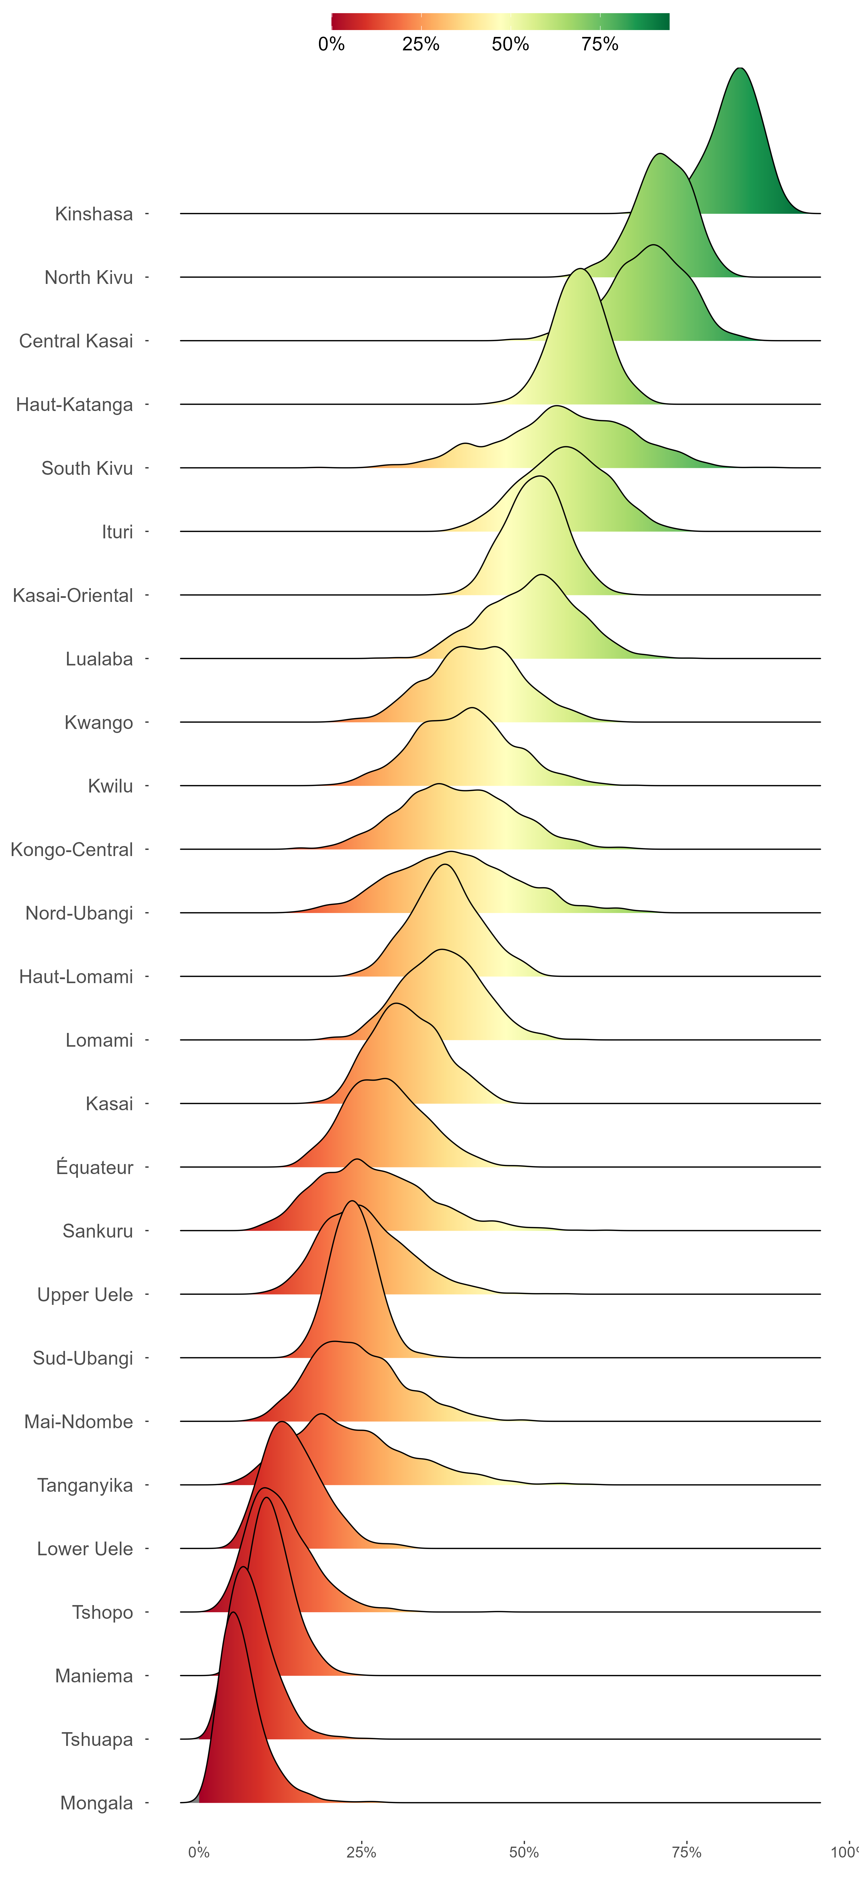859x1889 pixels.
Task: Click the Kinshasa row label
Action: click(x=94, y=214)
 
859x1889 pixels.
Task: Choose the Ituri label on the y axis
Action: click(x=117, y=532)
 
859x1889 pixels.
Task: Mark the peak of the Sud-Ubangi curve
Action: click(x=352, y=1201)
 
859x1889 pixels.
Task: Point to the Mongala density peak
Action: click(x=233, y=1613)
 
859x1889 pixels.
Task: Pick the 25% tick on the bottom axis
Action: click(x=361, y=1852)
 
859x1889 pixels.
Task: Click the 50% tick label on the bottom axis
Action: click(x=524, y=1852)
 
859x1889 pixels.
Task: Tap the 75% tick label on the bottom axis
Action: click(x=687, y=1852)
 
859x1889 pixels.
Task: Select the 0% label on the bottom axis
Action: click(x=199, y=1852)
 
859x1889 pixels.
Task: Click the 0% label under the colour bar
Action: click(x=332, y=44)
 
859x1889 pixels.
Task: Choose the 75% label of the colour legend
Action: click(x=600, y=44)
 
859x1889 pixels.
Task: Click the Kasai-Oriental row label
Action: click(x=73, y=595)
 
